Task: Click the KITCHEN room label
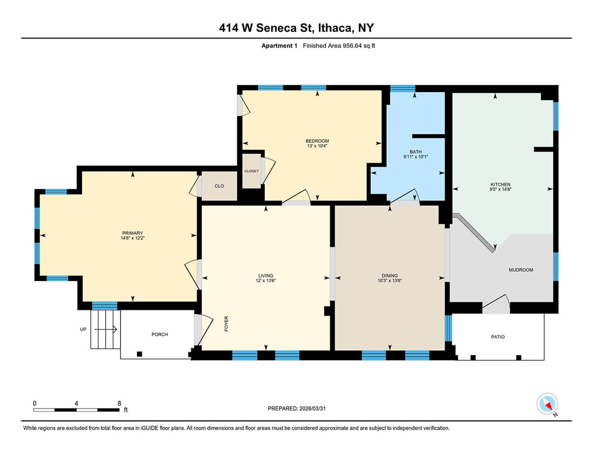[500, 184]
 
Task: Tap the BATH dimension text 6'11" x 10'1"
[416, 157]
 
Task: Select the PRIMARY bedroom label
[132, 233]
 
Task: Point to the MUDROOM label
[521, 270]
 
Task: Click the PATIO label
[498, 337]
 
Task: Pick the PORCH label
[160, 334]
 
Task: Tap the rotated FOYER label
[226, 324]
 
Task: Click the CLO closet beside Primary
[219, 186]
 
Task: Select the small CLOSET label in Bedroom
[252, 171]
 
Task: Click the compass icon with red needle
[547, 404]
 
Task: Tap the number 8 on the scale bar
[119, 404]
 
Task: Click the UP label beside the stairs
[83, 329]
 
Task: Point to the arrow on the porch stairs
[106, 330]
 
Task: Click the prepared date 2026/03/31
[312, 409]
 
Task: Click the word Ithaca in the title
[335, 28]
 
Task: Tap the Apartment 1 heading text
[279, 45]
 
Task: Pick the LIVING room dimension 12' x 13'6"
[265, 281]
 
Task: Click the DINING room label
[389, 276]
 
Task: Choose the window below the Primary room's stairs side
[105, 305]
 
